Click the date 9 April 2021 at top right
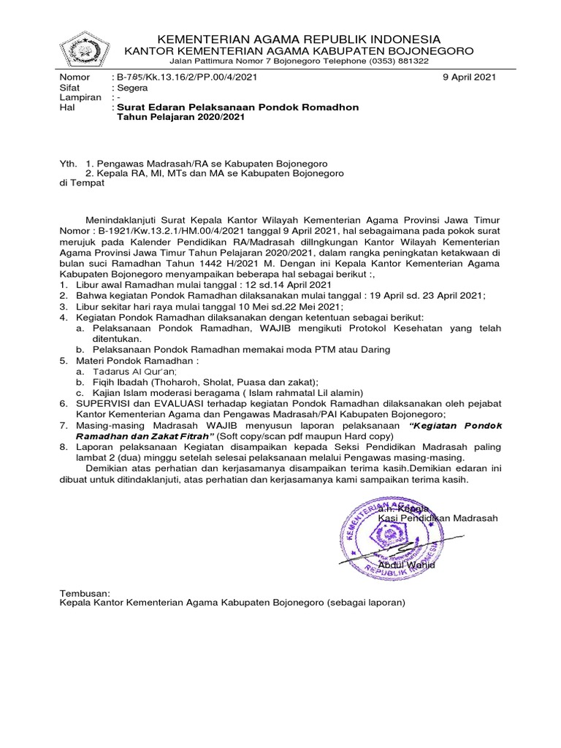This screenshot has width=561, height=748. (x=470, y=77)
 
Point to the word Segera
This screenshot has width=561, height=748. (x=132, y=87)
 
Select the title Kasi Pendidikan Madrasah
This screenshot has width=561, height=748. (x=438, y=518)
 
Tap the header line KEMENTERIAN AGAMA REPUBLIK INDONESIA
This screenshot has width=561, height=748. (x=300, y=39)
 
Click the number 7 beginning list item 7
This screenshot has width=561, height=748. (x=63, y=425)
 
